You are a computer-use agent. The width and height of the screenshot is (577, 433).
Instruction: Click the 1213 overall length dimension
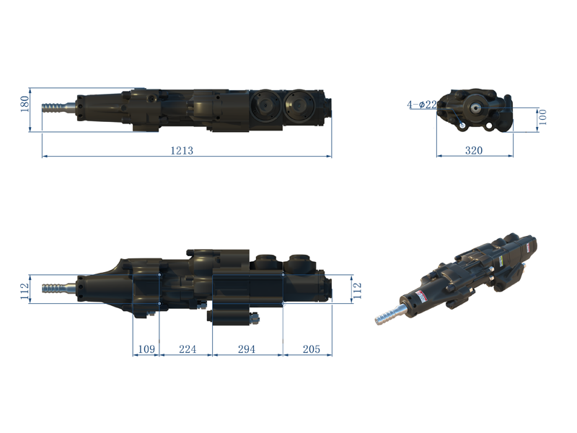pyautogui.click(x=182, y=151)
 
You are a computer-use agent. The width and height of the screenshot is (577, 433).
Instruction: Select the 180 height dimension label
pyautogui.click(x=25, y=104)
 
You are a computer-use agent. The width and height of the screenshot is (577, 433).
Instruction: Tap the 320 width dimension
pyautogui.click(x=474, y=150)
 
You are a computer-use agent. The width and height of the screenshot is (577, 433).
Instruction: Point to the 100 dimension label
pyautogui.click(x=542, y=117)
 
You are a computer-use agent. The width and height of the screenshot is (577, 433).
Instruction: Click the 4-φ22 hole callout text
pyautogui.click(x=422, y=105)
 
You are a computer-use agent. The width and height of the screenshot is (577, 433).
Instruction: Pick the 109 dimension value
pyautogui.click(x=146, y=349)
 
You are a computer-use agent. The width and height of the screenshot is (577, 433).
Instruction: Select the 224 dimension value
pyautogui.click(x=188, y=349)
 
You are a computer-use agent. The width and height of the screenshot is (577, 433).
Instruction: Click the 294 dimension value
pyautogui.click(x=246, y=349)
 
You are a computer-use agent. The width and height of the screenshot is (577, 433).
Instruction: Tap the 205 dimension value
pyautogui.click(x=312, y=349)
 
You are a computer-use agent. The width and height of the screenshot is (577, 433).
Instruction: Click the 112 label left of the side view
pyautogui.click(x=25, y=291)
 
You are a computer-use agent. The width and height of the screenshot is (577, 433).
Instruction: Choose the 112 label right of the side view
pyautogui.click(x=357, y=291)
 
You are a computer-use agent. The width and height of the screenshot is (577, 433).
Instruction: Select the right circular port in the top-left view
pyautogui.click(x=299, y=106)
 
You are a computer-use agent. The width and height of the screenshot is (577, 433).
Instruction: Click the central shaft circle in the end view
pyautogui.click(x=477, y=107)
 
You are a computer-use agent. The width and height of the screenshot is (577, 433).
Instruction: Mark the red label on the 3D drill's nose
pyautogui.click(x=420, y=297)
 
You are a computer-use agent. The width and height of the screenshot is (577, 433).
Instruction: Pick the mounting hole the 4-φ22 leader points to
pyautogui.click(x=462, y=126)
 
